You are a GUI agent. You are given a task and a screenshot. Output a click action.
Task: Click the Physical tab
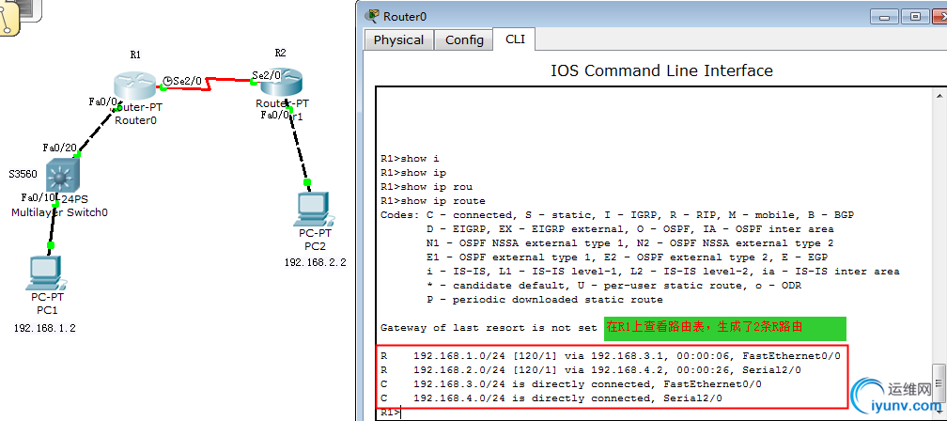tap(398, 39)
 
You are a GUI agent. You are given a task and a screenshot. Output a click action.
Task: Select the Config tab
tap(464, 39)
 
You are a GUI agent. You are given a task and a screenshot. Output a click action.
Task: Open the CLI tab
tap(515, 39)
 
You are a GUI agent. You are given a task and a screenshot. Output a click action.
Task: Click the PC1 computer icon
tap(47, 273)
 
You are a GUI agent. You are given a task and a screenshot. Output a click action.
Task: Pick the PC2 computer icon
tap(314, 209)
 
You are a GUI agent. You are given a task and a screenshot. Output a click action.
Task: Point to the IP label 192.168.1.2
tap(45, 329)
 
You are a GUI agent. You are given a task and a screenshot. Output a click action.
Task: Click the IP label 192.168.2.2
tap(316, 263)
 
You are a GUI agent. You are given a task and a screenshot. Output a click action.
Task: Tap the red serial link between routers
tap(209, 83)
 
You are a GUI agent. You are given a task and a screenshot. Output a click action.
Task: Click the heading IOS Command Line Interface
tap(662, 70)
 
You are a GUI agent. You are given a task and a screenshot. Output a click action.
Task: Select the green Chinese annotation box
tap(724, 328)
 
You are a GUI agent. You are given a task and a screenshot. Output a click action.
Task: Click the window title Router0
tap(405, 16)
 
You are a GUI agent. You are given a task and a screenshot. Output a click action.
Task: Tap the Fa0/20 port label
tap(60, 148)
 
